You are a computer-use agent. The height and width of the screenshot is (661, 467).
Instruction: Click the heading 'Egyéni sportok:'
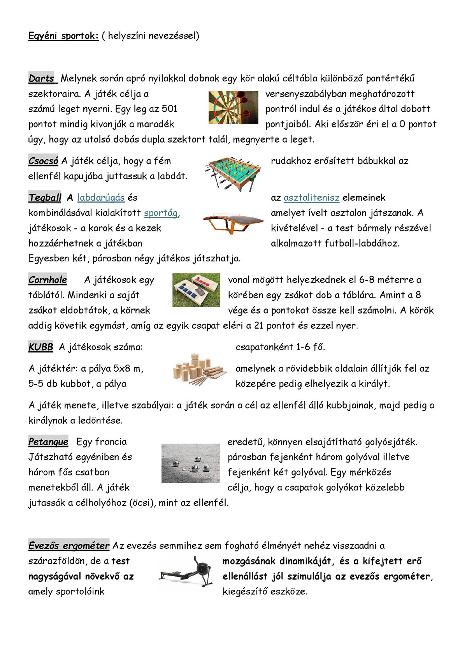(63, 36)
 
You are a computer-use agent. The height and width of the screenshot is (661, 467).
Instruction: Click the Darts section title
(42, 78)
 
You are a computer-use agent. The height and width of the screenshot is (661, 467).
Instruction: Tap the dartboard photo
(233, 107)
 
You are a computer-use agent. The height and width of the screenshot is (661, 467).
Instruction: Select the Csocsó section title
(43, 161)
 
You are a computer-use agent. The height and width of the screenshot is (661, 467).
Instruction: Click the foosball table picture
(232, 174)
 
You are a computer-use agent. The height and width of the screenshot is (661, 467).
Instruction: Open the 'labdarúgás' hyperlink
(101, 197)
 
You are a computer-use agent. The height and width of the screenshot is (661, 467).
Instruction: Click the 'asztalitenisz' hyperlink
(311, 197)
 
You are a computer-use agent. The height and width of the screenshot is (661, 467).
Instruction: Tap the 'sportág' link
(161, 213)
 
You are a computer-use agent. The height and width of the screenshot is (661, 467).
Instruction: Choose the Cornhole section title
(47, 280)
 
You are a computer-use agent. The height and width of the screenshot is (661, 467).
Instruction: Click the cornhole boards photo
(196, 289)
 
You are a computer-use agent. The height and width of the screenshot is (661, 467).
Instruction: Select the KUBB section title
(40, 347)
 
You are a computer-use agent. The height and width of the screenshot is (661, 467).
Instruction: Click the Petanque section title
(48, 442)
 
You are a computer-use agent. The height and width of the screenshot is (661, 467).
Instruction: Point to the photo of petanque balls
(191, 463)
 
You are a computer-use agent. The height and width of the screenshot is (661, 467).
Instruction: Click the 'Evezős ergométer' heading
(68, 546)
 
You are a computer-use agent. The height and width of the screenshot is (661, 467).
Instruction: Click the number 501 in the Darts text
(169, 109)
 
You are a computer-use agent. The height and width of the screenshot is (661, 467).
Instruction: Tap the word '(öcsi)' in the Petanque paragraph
(140, 502)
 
